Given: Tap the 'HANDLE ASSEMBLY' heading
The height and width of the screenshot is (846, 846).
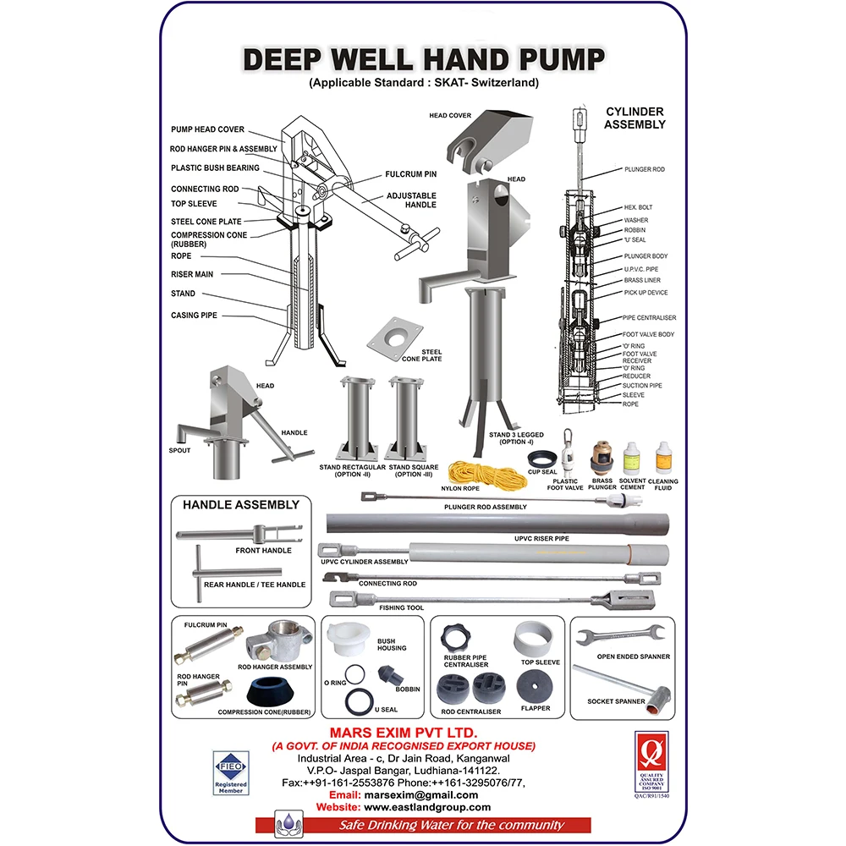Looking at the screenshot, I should (x=241, y=505).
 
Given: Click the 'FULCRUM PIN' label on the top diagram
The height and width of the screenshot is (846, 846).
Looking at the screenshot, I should (x=410, y=174).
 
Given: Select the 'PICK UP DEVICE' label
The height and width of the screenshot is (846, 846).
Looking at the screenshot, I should (x=645, y=293).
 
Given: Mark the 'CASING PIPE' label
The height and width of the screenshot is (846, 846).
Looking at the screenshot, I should (x=194, y=316).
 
